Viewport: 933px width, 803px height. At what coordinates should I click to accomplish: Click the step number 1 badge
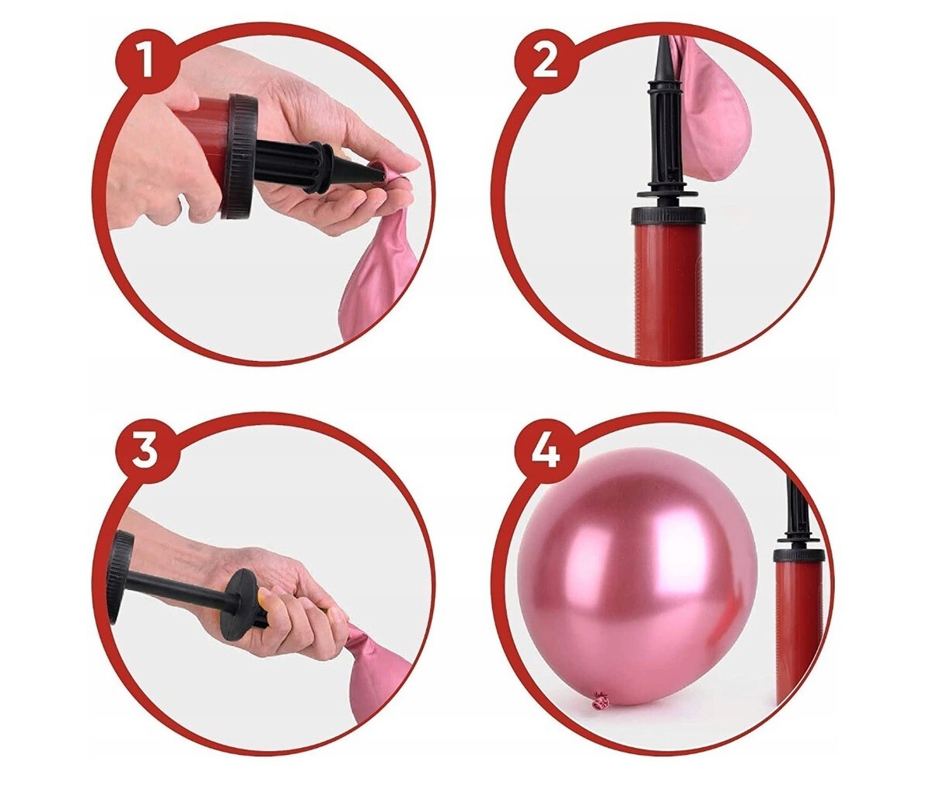143,61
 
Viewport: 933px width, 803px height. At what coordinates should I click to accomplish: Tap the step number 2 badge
549,61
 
